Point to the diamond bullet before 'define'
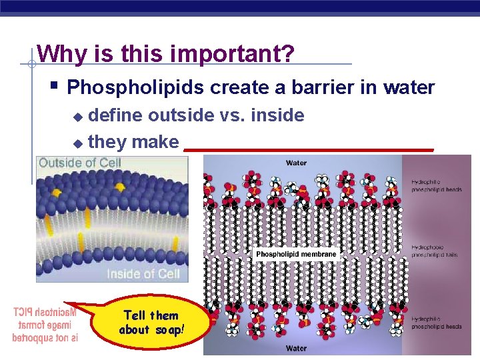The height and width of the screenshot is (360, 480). [78, 117]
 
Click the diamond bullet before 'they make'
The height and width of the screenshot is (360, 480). [78, 143]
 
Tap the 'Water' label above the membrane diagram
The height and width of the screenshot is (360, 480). [296, 163]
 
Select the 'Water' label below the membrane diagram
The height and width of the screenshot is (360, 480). [296, 348]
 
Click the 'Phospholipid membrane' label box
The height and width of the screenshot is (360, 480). [297, 255]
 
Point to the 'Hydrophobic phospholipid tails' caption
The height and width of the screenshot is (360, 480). [435, 251]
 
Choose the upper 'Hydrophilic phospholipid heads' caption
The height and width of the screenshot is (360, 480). [435, 185]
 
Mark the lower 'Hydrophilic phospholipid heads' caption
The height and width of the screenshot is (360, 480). [435, 323]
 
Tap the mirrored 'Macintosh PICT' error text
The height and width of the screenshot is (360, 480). [45, 325]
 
